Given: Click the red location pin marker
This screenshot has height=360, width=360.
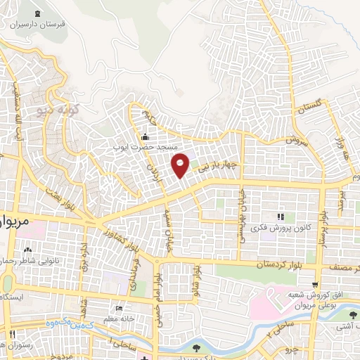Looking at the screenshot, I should tap(180, 165).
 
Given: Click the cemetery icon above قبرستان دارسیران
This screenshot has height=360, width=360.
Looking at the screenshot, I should tap(37, 13).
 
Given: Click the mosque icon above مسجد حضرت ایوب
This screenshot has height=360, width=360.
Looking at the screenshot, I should tap(145, 136).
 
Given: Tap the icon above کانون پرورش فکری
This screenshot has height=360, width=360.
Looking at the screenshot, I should tap(280, 217).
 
